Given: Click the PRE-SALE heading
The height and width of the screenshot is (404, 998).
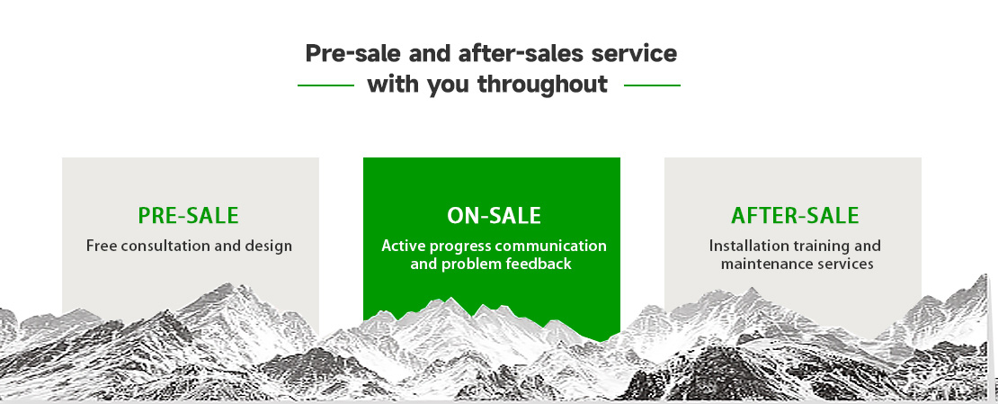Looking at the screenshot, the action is (x=189, y=215).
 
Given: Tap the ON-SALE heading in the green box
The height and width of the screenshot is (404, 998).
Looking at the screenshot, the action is (x=494, y=216).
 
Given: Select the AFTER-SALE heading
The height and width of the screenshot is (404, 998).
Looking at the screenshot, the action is (x=795, y=215).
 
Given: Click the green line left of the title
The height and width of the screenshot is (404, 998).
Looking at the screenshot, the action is (x=325, y=85).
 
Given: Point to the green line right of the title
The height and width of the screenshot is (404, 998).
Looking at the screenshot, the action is (x=652, y=85).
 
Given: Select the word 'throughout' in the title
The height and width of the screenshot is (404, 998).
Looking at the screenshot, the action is (x=542, y=84).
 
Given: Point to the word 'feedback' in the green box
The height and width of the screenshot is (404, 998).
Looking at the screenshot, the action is (x=539, y=263).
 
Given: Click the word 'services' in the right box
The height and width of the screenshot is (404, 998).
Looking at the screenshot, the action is (x=842, y=263).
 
